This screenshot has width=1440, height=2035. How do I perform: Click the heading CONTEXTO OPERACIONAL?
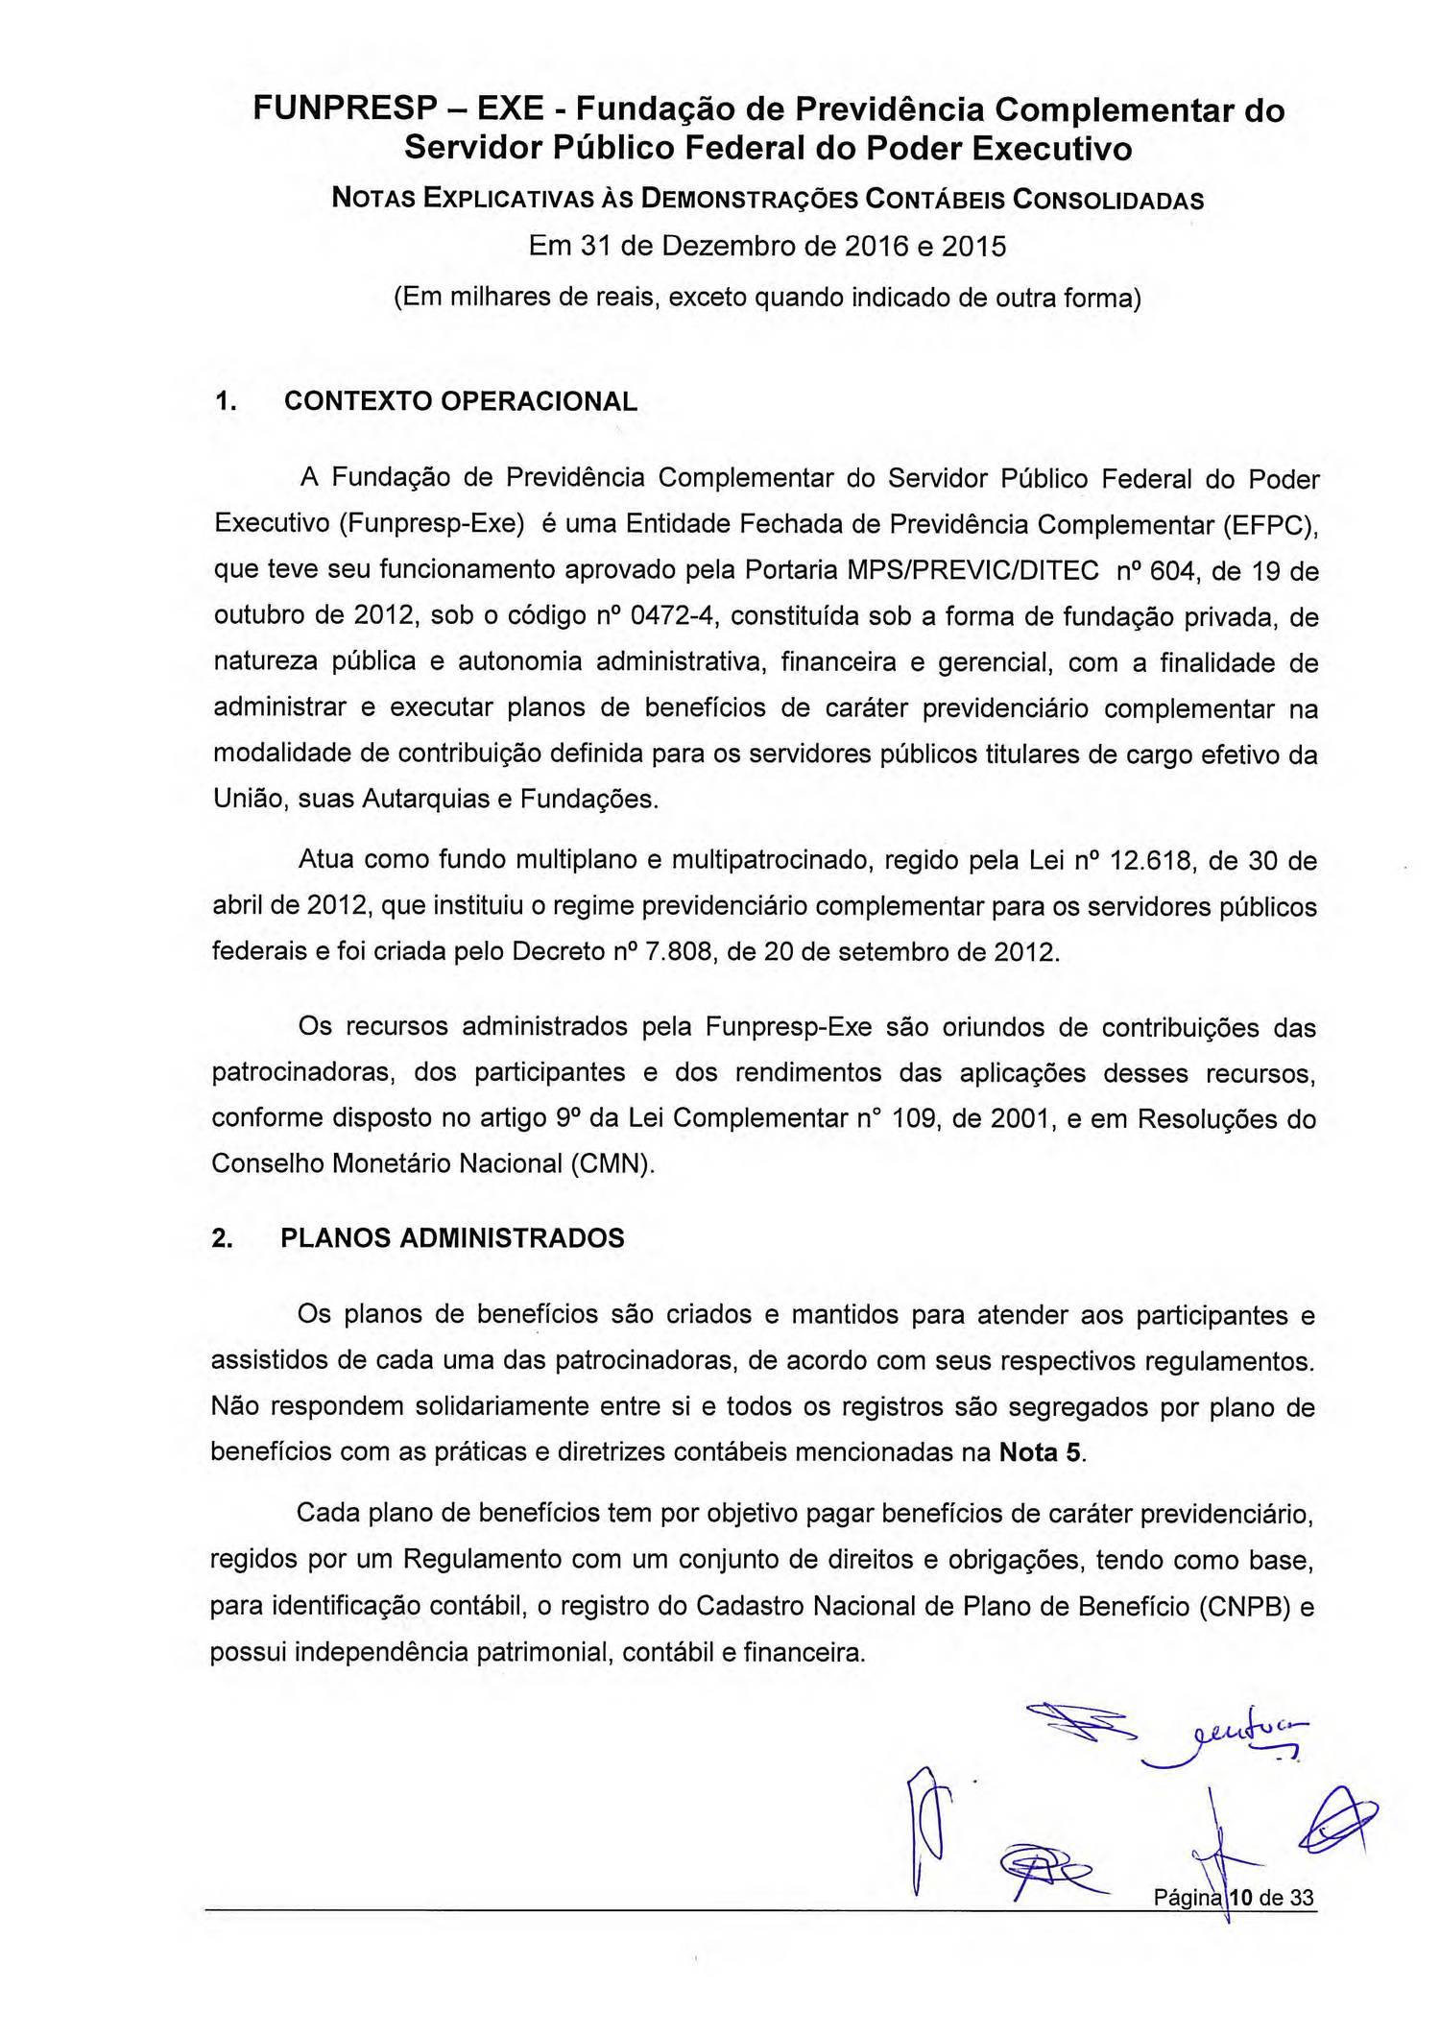(461, 401)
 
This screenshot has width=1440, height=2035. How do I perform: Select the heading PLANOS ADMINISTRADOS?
(452, 1238)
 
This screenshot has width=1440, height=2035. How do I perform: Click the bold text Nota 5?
(1041, 1452)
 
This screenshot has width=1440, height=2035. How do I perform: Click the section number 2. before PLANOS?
(222, 1238)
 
